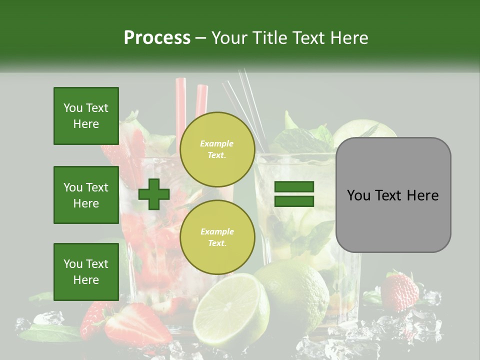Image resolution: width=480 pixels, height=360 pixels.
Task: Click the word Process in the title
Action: pyautogui.click(x=157, y=37)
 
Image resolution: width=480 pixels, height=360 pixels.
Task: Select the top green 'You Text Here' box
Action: pyautogui.click(x=86, y=116)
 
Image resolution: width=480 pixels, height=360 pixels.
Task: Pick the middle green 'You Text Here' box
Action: pyautogui.click(x=86, y=195)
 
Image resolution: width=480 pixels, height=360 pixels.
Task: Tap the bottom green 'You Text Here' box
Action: pyautogui.click(x=86, y=271)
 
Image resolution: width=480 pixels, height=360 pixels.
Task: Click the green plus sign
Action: pyautogui.click(x=154, y=194)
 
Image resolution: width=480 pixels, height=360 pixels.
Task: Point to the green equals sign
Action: pyautogui.click(x=294, y=194)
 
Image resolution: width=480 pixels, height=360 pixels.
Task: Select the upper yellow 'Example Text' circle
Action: pyautogui.click(x=217, y=149)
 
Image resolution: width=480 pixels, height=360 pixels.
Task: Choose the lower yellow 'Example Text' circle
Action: pyautogui.click(x=217, y=237)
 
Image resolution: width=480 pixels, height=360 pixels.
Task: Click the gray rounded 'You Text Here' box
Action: pyautogui.click(x=393, y=194)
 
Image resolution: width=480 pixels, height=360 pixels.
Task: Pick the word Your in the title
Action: pyautogui.click(x=227, y=37)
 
